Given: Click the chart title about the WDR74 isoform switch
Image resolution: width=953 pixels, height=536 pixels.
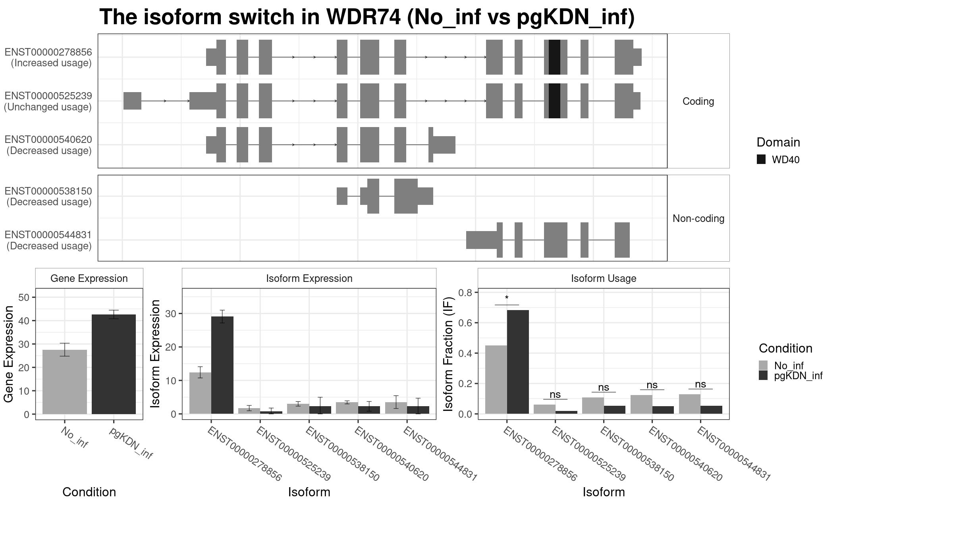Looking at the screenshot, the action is click(x=367, y=17).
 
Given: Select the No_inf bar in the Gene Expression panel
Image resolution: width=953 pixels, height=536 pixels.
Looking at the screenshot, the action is click(x=65, y=382).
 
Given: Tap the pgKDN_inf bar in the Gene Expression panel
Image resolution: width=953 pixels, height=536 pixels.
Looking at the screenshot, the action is click(x=114, y=364).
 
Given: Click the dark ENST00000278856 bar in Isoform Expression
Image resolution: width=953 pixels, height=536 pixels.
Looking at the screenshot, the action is click(x=222, y=365).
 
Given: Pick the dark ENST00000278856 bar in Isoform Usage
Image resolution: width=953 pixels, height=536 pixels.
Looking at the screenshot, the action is click(x=518, y=362).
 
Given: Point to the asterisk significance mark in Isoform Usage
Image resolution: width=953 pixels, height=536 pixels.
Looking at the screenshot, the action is click(x=507, y=298).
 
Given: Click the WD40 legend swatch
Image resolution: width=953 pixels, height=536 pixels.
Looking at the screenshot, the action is click(x=761, y=160).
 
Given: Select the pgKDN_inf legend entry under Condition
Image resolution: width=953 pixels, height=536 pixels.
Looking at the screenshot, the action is click(x=791, y=376).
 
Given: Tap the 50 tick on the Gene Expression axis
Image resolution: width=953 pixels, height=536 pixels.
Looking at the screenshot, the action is click(x=24, y=297).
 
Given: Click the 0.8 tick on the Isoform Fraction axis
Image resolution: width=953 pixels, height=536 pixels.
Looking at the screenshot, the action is click(x=465, y=293).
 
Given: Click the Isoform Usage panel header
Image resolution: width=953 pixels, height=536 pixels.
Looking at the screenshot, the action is click(x=604, y=278).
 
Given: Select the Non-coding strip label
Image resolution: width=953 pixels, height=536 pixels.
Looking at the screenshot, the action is click(x=698, y=218).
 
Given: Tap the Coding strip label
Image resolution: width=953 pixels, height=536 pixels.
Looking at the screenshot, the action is click(x=698, y=101).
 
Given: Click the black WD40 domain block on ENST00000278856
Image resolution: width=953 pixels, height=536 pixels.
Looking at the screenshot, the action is click(x=554, y=57).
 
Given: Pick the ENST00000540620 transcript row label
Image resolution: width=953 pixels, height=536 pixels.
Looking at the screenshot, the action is click(x=48, y=145).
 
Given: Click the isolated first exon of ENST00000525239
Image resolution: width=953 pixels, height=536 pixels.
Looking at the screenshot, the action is click(x=132, y=101).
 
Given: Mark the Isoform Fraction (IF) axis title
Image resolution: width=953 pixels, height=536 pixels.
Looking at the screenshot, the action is click(x=448, y=354).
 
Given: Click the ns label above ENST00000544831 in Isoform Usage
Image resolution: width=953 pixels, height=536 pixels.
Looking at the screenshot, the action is click(x=700, y=384).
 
